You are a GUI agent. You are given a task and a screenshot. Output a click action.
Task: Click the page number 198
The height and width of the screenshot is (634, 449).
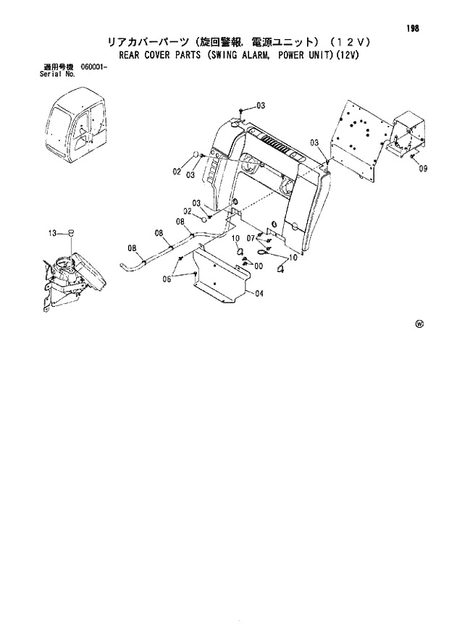point(414,28)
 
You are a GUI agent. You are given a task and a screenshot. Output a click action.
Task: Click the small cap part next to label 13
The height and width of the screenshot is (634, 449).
point(71,232)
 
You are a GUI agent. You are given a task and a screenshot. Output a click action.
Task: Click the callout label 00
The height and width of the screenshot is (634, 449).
point(258,266)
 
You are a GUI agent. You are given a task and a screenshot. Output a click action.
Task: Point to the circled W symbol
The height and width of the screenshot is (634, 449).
point(419,324)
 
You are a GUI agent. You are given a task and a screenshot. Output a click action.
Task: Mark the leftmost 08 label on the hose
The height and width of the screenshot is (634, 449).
point(132,249)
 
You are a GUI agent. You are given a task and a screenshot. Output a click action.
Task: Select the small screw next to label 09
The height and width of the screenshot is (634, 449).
point(411,157)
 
